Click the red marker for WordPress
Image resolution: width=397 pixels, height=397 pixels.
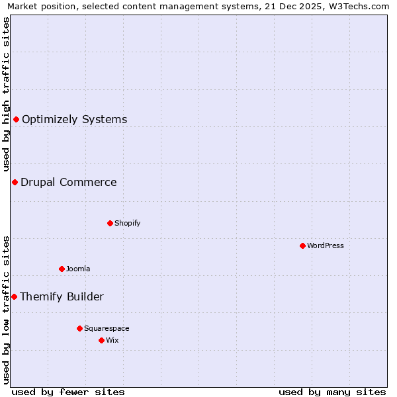point(302,245)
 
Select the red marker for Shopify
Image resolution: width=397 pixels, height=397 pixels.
point(110,223)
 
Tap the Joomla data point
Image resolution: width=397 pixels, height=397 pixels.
point(62,269)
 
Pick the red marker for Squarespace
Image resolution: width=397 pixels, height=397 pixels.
point(79,328)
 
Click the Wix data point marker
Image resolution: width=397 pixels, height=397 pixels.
point(101,340)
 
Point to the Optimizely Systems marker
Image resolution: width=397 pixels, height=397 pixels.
point(16,119)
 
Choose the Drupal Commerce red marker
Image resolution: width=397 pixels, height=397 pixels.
point(15,182)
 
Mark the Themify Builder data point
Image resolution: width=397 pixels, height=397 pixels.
point(14,296)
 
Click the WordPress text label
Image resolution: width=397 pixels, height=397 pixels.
point(326,245)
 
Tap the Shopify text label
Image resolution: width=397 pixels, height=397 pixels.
point(128,223)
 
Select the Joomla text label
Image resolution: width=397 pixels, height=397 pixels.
point(78,269)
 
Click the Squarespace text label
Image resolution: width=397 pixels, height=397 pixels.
point(107,328)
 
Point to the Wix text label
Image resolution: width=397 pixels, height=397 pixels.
point(112,340)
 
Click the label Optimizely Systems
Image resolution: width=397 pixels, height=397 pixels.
point(75,119)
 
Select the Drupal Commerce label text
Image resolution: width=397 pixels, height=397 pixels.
point(69,182)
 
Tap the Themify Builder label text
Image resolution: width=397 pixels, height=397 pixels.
point(62,296)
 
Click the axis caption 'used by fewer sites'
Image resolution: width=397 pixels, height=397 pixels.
point(68,392)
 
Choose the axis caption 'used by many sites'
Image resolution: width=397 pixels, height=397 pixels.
point(332,392)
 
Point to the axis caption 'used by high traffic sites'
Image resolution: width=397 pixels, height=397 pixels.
point(7,94)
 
